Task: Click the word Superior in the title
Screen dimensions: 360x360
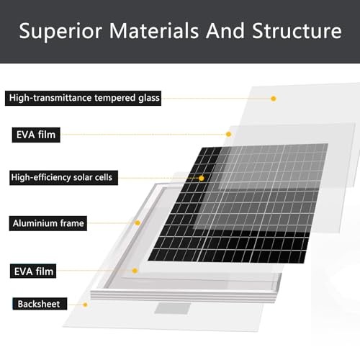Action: click(x=60, y=31)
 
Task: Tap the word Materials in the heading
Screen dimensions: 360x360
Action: click(x=154, y=31)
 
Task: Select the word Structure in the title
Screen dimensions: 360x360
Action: click(x=297, y=31)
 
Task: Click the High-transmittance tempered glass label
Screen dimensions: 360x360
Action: click(x=83, y=98)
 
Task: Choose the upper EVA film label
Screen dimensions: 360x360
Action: click(x=36, y=135)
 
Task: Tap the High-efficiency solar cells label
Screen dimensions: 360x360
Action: click(x=64, y=178)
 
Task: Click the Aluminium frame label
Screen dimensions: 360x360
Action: click(x=48, y=223)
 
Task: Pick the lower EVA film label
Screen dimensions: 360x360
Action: click(x=33, y=271)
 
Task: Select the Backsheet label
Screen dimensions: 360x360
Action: click(x=40, y=304)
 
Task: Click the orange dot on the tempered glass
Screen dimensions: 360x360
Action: click(x=274, y=99)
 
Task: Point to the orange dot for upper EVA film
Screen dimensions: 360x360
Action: click(x=228, y=134)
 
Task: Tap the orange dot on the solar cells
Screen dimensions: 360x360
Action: click(x=202, y=178)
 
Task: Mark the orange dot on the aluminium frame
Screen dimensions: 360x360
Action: click(x=138, y=223)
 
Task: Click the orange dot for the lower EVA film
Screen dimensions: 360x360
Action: click(x=135, y=271)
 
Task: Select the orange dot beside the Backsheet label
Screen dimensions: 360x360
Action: click(x=85, y=305)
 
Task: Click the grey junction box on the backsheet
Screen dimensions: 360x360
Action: click(x=173, y=308)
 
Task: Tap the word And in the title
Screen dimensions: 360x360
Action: click(x=225, y=31)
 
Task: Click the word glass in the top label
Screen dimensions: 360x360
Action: click(x=149, y=99)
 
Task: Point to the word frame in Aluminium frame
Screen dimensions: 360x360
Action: click(x=72, y=223)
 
